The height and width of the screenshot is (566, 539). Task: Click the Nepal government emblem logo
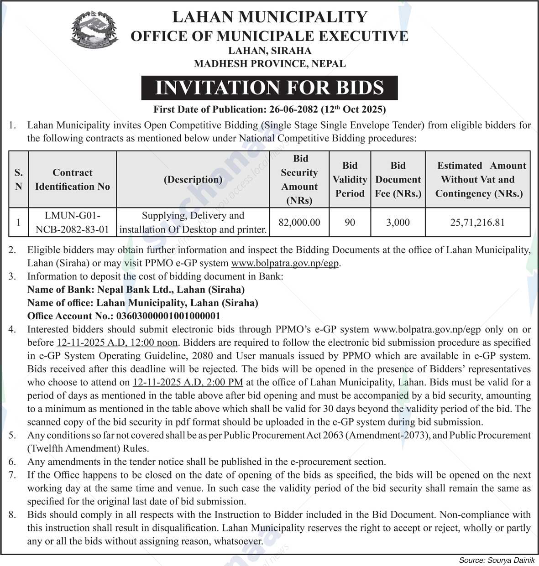(x=94, y=31)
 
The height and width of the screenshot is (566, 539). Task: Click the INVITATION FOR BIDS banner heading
(x=269, y=88)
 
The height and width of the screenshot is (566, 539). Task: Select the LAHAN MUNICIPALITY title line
(x=269, y=17)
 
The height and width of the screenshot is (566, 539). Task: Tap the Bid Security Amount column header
(x=299, y=179)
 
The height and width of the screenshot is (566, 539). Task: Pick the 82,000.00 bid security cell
(x=299, y=223)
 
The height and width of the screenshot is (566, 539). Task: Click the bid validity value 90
(x=350, y=223)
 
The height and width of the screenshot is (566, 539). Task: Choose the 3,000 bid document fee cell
(x=398, y=223)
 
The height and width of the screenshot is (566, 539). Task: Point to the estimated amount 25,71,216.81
(x=477, y=223)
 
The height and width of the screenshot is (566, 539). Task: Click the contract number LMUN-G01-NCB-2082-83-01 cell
(x=72, y=223)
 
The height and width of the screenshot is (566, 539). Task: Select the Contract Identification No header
(x=72, y=179)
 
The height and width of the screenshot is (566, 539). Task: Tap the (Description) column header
(x=193, y=179)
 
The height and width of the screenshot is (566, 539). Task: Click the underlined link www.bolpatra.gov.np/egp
(x=286, y=263)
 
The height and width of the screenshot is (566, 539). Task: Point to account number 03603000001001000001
(x=168, y=316)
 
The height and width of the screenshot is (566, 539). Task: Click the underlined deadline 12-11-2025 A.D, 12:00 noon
(x=117, y=343)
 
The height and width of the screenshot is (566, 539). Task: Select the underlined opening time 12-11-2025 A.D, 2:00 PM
(x=188, y=382)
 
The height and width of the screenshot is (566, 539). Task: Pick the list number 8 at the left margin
(x=12, y=515)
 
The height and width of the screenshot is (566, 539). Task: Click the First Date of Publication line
(x=269, y=109)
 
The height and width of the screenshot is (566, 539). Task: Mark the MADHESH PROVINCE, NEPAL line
(x=269, y=64)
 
